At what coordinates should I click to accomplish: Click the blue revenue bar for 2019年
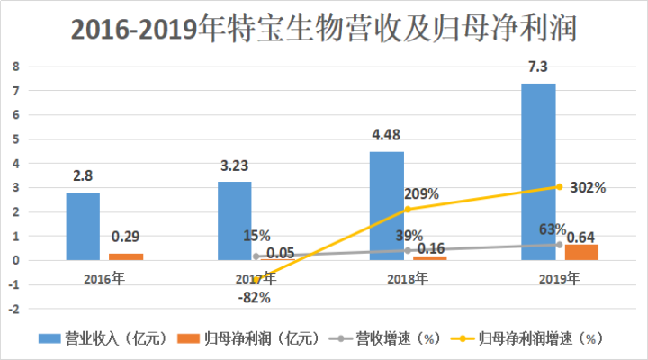pos(538,171)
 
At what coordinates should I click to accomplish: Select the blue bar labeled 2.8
pos(83,226)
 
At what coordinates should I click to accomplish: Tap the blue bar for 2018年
pos(387,205)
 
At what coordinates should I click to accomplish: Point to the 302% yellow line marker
pos(559,187)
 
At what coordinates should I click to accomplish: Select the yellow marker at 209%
pos(407,210)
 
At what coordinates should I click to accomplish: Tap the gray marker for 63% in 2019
pos(559,245)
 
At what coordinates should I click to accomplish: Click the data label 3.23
pos(235,166)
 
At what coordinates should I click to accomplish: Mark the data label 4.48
pos(387,136)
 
